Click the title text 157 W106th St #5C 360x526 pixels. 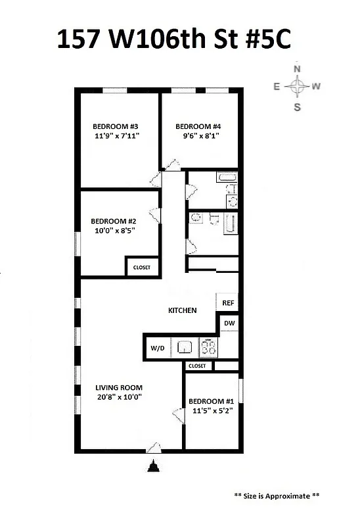point(174,40)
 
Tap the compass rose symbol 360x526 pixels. point(298,87)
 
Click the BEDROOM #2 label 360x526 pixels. point(113,221)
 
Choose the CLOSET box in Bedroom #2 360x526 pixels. point(142,268)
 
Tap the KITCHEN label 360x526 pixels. point(183,310)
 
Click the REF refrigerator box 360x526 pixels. point(228,303)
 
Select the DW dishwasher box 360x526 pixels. point(228,323)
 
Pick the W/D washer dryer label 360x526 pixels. point(158,347)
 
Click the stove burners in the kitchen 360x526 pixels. point(208,347)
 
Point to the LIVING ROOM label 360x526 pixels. point(119,387)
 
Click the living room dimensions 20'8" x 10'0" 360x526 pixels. point(119,397)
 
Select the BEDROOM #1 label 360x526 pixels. point(212,402)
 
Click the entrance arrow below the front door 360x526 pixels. point(154,467)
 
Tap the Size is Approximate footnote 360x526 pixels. point(277,496)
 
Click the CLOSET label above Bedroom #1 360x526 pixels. point(197,366)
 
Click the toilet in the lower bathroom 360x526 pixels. point(195,218)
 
